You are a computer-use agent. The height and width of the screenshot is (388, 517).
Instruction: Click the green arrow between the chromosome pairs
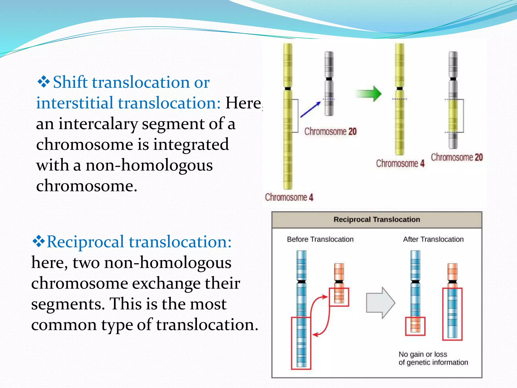(369, 94)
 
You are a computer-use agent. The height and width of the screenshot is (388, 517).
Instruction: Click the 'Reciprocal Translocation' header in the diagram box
(377, 220)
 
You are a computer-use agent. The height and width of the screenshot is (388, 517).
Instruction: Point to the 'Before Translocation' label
(320, 239)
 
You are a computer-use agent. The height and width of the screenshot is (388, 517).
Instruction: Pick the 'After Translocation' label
(433, 239)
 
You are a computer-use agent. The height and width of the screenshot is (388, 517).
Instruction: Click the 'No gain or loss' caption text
(423, 354)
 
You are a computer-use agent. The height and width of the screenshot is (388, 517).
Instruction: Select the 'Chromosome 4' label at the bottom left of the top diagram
(289, 197)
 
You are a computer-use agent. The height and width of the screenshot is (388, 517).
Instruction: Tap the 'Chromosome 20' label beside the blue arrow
(330, 131)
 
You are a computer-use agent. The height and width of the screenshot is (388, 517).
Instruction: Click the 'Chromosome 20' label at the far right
(457, 157)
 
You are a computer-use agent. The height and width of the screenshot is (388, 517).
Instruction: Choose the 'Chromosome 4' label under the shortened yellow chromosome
(400, 163)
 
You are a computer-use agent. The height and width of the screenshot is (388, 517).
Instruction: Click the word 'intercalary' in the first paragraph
(98, 124)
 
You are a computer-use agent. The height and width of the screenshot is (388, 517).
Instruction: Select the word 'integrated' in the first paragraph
(191, 144)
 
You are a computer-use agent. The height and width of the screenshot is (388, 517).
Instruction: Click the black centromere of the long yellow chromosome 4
(288, 89)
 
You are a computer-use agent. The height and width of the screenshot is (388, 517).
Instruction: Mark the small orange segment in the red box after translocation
(415, 326)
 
